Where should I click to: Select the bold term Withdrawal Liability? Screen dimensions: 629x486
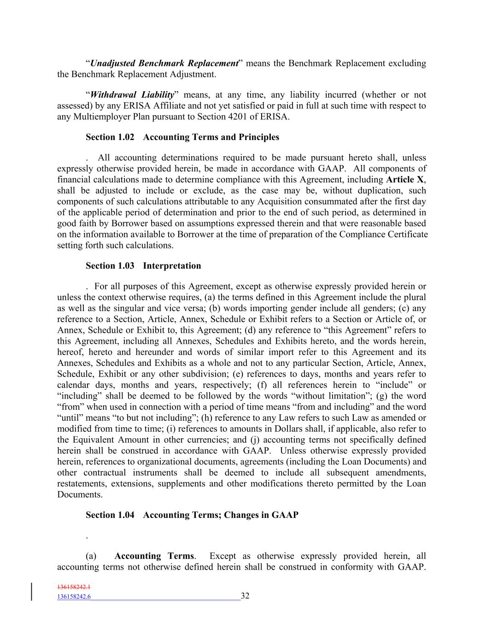coord(132,95)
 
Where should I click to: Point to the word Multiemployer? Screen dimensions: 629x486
coord(99,117)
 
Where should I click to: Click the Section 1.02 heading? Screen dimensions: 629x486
coord(182,137)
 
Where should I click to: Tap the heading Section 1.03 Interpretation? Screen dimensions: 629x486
coord(143,266)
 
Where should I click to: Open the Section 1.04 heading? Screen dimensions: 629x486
coord(192,515)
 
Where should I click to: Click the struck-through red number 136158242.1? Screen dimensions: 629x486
coord(74,588)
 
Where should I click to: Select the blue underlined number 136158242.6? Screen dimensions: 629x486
coord(74,597)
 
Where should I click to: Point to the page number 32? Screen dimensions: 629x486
coord(245,596)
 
